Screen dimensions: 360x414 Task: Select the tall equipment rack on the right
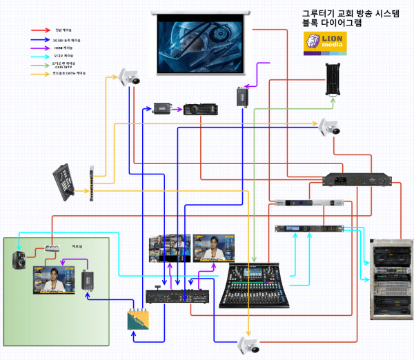[x=391, y=273]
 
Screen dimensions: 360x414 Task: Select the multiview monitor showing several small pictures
[x=169, y=248]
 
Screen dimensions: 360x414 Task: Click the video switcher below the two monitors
[x=177, y=297]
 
